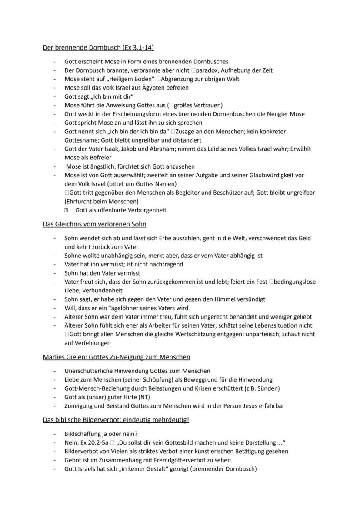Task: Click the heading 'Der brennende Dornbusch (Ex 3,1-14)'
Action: click(98, 47)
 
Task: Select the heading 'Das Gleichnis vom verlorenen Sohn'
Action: click(94, 224)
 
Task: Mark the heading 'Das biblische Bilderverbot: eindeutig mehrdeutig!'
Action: click(116, 420)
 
